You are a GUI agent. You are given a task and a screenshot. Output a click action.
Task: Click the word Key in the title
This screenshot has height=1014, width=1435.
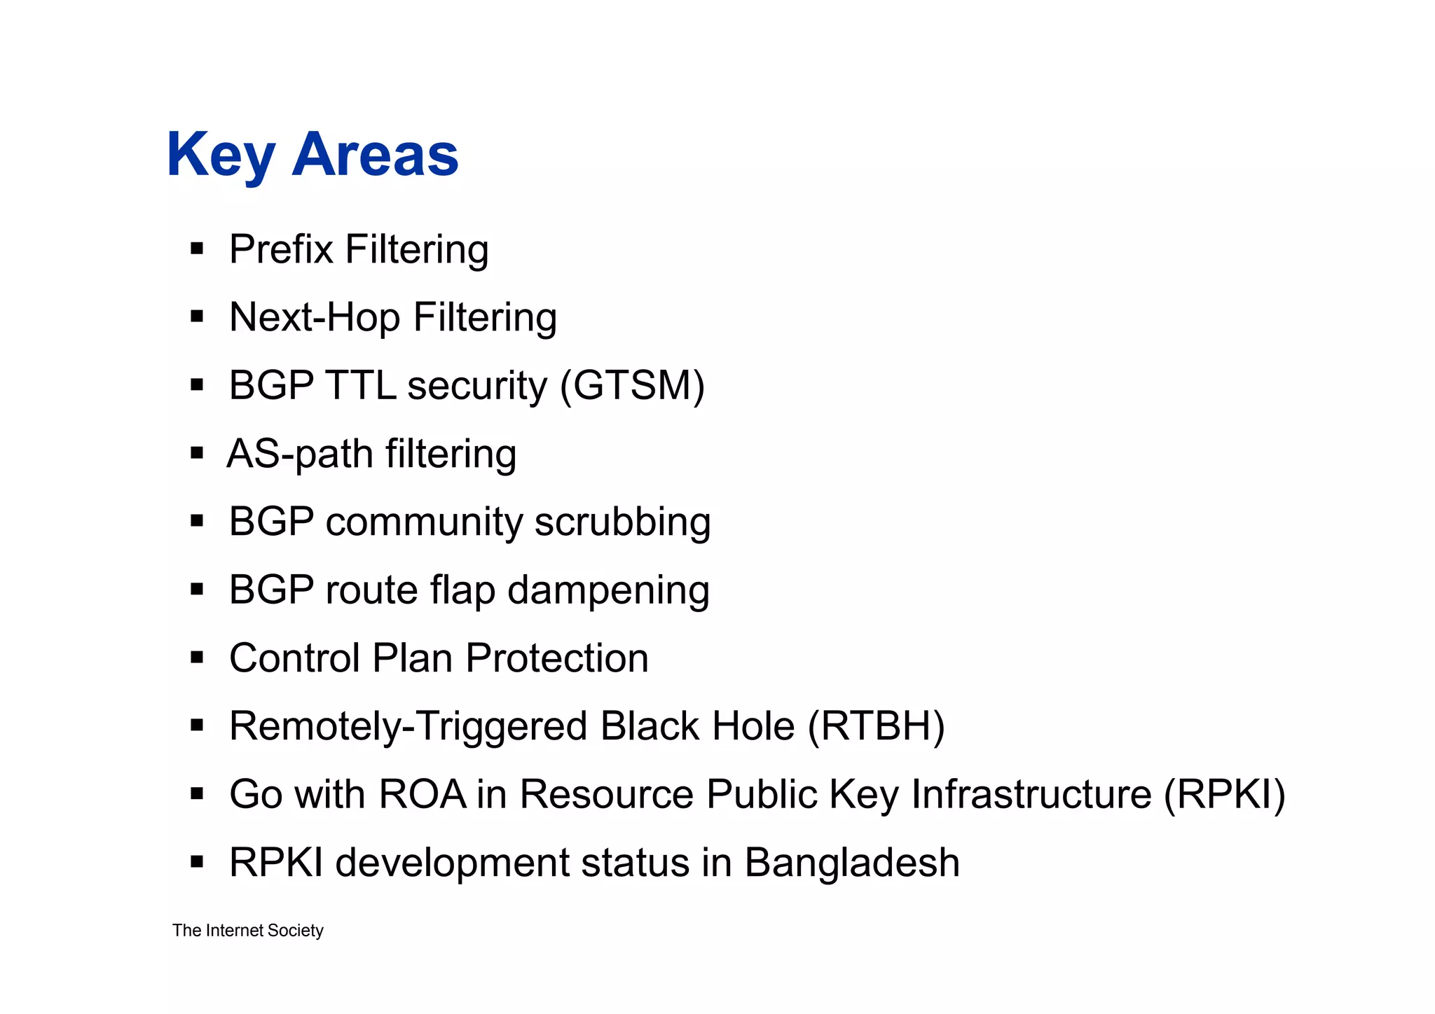click(220, 155)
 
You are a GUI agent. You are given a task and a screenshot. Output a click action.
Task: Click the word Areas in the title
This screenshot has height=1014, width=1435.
click(375, 155)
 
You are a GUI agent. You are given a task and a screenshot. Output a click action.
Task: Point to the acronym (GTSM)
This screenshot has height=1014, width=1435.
click(633, 386)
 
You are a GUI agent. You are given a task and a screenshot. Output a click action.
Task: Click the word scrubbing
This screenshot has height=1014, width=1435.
click(622, 522)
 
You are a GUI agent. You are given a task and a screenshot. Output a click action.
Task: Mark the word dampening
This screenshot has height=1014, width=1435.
click(608, 590)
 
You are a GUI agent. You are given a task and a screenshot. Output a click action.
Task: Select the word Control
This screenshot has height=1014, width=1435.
click(295, 658)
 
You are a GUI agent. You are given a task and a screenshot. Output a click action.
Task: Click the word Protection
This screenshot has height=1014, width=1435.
click(557, 658)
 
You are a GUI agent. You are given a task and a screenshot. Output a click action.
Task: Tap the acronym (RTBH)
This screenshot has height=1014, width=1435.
click(877, 726)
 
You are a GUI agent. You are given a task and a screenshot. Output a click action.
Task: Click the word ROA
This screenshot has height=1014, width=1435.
click(423, 795)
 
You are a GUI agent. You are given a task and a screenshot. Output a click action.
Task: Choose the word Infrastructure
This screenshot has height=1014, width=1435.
click(1031, 795)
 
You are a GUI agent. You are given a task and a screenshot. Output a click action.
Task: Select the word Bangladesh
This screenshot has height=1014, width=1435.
click(851, 863)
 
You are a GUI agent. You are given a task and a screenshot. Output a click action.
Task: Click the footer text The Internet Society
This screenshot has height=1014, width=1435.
click(248, 931)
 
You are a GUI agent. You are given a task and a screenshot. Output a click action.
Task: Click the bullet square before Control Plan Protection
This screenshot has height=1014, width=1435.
click(197, 658)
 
